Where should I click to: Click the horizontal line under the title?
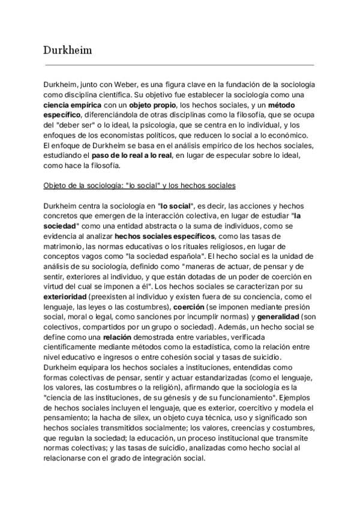pyautogui.click(x=179, y=64)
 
